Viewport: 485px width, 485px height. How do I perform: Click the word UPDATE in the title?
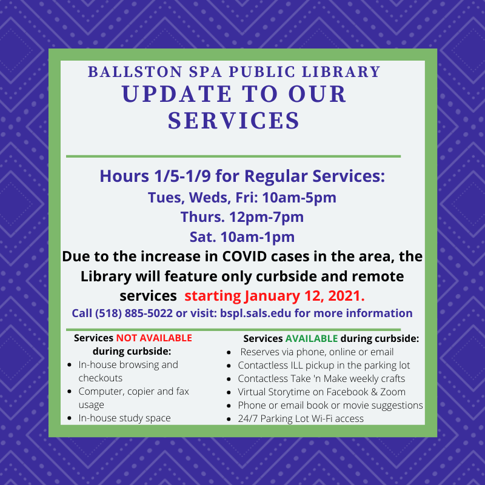176,94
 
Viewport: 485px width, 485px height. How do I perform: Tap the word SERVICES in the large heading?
234,120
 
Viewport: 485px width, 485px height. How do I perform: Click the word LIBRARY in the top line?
341,72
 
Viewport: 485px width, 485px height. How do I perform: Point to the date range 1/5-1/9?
182,176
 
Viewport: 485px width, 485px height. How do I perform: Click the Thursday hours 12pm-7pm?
266,217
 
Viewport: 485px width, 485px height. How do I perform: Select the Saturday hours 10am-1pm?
257,237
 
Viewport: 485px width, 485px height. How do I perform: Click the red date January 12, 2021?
305,296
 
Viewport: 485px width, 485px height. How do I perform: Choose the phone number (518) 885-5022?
133,313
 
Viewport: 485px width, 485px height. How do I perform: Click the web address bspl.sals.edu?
255,313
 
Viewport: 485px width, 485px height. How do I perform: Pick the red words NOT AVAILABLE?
154,338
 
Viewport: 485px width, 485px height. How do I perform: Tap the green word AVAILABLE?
312,338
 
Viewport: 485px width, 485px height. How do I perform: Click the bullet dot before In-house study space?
70,418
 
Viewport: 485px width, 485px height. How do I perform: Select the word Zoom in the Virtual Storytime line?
393,392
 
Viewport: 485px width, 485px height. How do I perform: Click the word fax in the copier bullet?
182,391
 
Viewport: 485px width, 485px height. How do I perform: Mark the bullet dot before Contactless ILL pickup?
229,366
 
